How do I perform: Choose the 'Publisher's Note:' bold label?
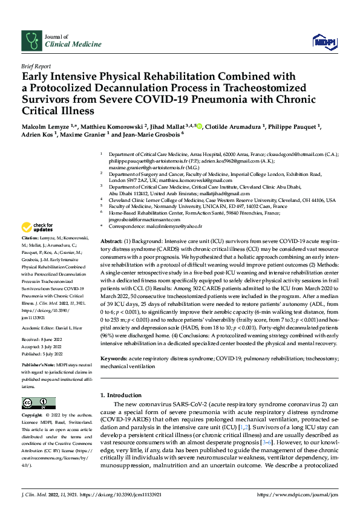[x=39, y=366]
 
